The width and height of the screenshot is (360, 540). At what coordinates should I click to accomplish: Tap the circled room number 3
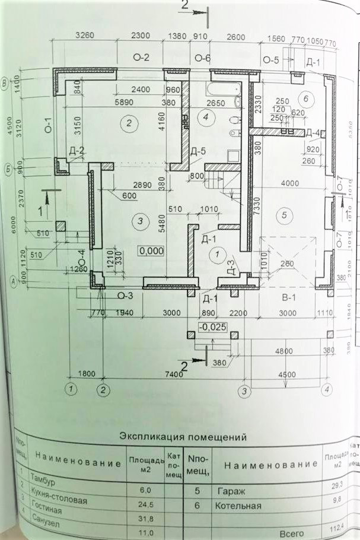(x=140, y=221)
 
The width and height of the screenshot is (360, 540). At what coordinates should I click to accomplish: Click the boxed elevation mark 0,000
(x=151, y=250)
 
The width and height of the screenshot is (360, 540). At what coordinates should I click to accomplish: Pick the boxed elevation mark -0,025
(x=212, y=327)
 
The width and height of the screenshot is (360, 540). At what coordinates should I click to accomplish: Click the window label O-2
(x=139, y=58)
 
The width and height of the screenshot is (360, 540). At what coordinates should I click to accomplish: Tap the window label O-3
(x=124, y=295)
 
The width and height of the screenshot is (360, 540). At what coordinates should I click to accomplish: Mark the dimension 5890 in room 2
(x=126, y=102)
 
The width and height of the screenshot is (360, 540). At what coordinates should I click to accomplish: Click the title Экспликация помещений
(x=183, y=438)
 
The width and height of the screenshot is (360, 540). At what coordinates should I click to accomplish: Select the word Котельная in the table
(x=242, y=506)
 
